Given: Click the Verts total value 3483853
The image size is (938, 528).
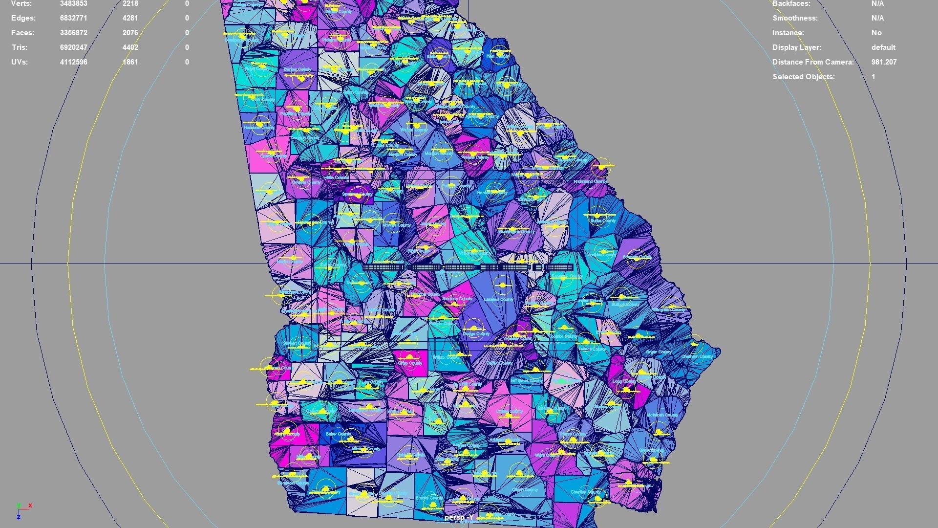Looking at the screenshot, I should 73,4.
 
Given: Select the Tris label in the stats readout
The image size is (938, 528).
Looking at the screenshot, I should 20,47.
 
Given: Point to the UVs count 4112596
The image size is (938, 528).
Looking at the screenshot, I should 73,62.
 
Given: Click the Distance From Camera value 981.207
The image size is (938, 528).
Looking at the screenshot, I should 884,62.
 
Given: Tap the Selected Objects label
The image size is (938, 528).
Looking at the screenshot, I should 803,77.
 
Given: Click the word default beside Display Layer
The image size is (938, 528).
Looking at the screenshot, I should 883,47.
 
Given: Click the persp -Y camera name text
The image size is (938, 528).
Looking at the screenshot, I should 459,517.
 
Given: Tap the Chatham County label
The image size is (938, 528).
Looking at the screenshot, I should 697,356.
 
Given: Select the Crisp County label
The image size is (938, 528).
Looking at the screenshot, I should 410,363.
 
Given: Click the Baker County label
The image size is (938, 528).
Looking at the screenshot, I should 338,434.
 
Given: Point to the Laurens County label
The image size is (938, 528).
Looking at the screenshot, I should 498,299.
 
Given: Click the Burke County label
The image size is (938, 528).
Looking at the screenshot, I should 603,221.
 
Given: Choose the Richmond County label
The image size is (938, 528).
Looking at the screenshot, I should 590,181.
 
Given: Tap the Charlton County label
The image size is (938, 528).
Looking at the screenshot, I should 585,492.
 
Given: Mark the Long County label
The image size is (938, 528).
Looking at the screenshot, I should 624,381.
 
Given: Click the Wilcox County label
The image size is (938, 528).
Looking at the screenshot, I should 447,357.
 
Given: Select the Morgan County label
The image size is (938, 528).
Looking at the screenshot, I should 438,154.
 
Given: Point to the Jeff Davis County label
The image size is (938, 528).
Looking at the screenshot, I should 526,380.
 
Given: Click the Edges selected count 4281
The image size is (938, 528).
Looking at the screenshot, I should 130,18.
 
